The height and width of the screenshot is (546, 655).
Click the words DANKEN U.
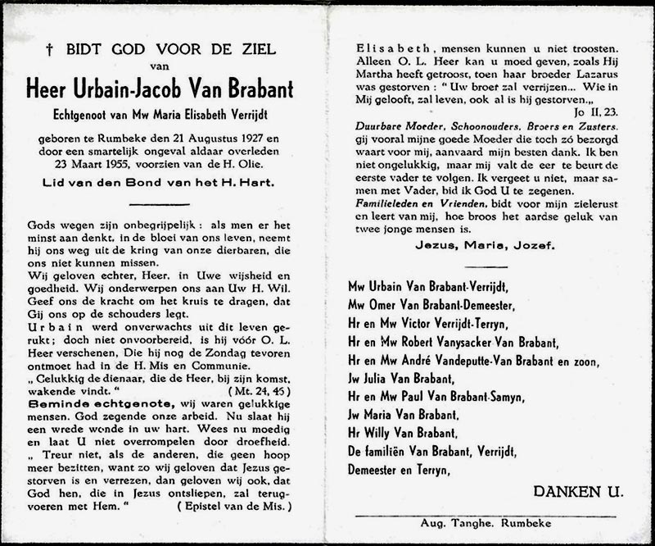pyautogui.click(x=578, y=493)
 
